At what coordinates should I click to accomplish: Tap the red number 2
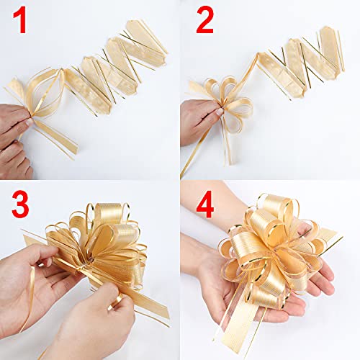[x=204, y=22]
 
